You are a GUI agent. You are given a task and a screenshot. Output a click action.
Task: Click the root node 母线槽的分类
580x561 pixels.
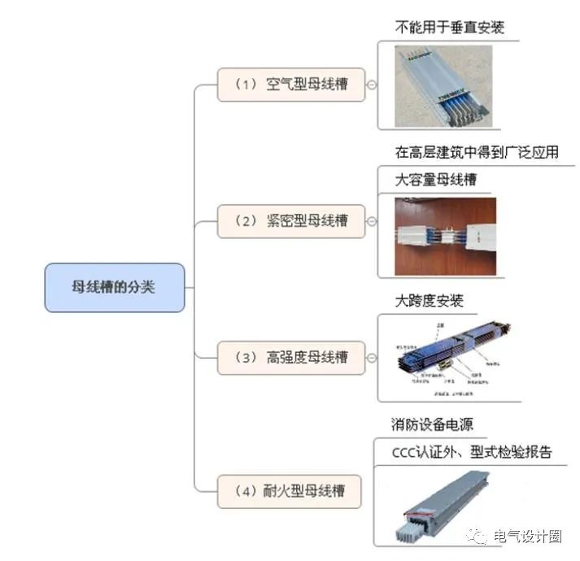pos(114,287)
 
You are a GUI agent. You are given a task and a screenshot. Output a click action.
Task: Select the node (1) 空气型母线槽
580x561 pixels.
pos(290,85)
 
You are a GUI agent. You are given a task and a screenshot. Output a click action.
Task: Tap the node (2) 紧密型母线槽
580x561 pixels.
pos(290,220)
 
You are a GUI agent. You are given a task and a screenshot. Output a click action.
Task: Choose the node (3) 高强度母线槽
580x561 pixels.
pos(290,357)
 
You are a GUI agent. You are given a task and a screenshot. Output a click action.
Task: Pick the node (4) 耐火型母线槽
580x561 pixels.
pos(290,491)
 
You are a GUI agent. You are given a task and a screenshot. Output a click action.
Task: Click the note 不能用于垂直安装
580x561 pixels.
pos(449,27)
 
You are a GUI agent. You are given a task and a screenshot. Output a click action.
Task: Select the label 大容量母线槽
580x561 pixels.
pos(435,180)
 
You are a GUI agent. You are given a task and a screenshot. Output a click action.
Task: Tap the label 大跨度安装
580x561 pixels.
pos(429,302)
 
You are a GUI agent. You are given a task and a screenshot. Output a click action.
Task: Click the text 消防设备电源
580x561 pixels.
pos(433,424)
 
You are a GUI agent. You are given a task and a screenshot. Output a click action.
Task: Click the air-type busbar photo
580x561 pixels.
pos(443,86)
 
